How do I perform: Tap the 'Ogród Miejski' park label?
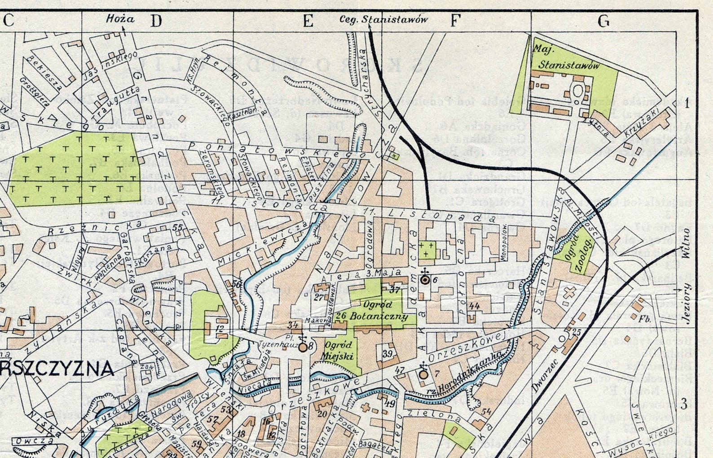pos(338,351)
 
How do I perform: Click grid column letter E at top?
pos(308,21)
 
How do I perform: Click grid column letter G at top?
pos(604,21)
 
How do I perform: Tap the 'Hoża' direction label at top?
pos(120,19)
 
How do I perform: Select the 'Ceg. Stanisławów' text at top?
pos(383,19)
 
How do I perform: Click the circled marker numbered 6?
pos(424,280)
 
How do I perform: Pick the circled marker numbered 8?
pos(303,347)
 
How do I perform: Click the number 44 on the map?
pos(474,306)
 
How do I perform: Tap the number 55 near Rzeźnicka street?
pos(178,228)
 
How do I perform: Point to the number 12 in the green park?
pos(220,329)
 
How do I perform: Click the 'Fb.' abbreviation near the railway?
pos(645,319)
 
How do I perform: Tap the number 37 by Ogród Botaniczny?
pos(394,290)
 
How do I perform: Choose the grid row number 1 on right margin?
pos(687,104)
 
